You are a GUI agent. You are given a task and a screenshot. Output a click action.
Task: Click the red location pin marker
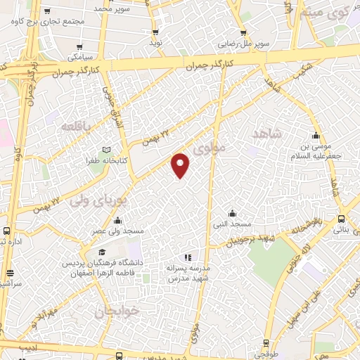pyautogui.click(x=181, y=164)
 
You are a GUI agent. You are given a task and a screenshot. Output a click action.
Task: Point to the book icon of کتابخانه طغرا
pyautogui.click(x=107, y=149)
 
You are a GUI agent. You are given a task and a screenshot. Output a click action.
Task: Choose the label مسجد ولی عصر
pyautogui.click(x=117, y=231)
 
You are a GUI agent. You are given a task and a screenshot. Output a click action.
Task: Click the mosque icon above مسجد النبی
pyautogui.click(x=231, y=214)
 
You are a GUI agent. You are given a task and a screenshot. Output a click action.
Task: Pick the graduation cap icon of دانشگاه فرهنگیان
pyautogui.click(x=102, y=252)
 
